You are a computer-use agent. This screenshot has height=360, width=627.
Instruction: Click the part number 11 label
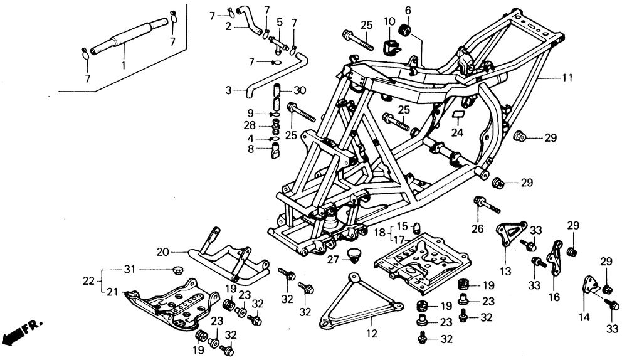pos(567,78)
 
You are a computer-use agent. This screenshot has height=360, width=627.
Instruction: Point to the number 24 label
pos(457,132)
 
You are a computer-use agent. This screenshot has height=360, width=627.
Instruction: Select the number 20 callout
pos(163,252)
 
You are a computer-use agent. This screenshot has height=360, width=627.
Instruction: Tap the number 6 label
pos(408,11)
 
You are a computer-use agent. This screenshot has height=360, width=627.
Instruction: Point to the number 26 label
pos(477,229)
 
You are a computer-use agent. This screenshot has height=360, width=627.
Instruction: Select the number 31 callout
pos(129,270)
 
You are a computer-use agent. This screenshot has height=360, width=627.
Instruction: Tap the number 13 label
pos(505,271)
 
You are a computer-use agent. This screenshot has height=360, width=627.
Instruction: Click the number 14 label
pos(584,317)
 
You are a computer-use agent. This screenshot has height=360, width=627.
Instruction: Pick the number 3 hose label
pos(228,90)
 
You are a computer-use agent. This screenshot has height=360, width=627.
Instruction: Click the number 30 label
pos(300,90)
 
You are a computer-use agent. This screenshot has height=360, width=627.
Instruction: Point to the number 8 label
pos(251,149)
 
